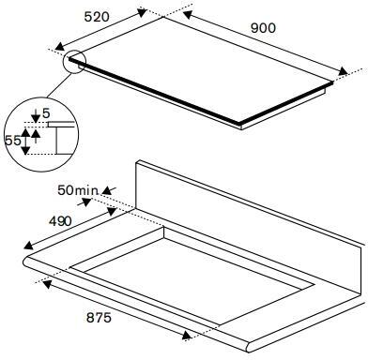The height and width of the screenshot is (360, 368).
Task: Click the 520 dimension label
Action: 97,17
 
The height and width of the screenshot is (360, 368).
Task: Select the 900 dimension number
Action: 263,28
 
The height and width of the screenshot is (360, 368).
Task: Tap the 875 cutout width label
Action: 99,318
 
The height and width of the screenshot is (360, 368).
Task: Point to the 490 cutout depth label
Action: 60,221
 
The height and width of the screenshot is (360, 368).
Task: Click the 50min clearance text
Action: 78,190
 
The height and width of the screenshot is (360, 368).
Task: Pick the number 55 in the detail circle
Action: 13,141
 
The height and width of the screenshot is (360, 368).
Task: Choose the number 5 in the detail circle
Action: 46,113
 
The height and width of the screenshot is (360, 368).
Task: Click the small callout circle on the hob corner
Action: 74,62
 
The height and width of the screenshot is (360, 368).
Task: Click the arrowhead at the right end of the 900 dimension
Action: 343,71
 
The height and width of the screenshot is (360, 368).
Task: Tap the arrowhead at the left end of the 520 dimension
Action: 60,47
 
